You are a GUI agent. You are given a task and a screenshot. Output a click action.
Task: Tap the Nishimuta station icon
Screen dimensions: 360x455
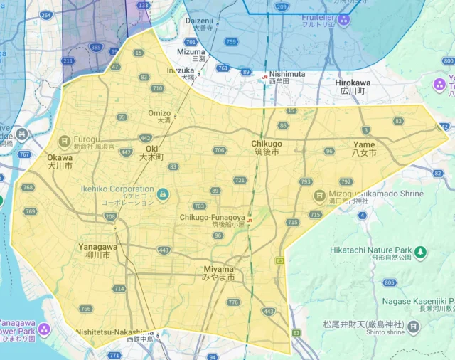tap(264, 73)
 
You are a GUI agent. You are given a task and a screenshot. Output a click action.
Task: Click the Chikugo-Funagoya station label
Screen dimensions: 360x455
tap(212, 217)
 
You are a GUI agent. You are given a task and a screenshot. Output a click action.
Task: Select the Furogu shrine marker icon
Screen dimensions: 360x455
tap(64, 140)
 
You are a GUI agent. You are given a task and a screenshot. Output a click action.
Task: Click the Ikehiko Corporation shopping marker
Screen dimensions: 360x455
tap(163, 194)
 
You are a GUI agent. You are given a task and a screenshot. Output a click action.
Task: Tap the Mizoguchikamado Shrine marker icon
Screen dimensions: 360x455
tap(320, 194)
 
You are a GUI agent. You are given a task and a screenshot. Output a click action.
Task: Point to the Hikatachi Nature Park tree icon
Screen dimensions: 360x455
tap(421, 251)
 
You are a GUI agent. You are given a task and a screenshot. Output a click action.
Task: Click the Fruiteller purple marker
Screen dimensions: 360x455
tap(344, 19)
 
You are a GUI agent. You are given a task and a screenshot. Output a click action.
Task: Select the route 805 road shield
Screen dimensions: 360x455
tap(389, 282)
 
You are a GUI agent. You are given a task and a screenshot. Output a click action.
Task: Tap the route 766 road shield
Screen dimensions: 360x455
tap(85, 309)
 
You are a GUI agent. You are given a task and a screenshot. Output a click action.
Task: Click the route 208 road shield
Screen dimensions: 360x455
tap(110, 216)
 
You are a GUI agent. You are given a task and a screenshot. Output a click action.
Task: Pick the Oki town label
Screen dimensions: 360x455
tap(151, 152)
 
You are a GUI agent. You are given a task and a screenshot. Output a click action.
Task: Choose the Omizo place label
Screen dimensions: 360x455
tap(159, 113)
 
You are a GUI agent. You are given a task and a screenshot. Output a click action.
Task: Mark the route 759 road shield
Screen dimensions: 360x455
tap(230, 42)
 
